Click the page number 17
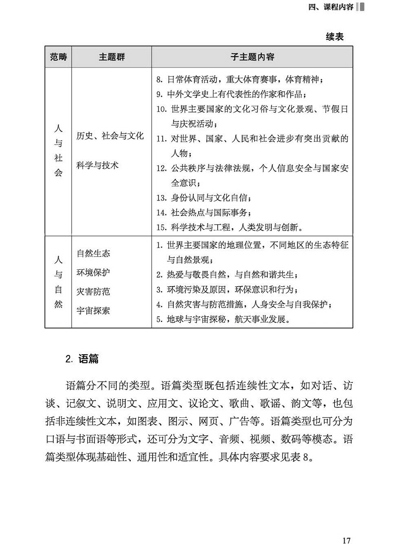click(346, 540)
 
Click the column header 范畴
click(58, 57)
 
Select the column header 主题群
click(111, 57)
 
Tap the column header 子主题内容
click(252, 57)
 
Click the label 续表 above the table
click(334, 37)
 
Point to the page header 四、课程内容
click(330, 7)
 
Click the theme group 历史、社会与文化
click(110, 136)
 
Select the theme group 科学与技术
click(97, 165)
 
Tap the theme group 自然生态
click(93, 253)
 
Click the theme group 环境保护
click(93, 272)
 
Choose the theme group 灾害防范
click(93, 292)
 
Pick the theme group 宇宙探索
click(93, 311)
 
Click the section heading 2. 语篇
click(82, 359)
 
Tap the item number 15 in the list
click(162, 228)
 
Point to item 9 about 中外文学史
click(232, 94)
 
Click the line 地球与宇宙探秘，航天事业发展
click(224, 319)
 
